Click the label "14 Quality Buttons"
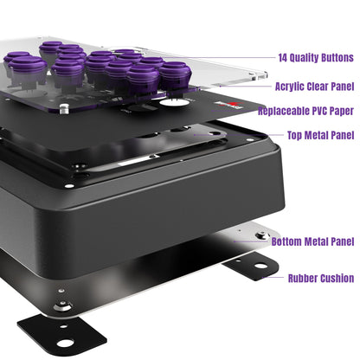[316, 59]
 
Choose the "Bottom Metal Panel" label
[312, 241]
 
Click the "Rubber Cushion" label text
[320, 278]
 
